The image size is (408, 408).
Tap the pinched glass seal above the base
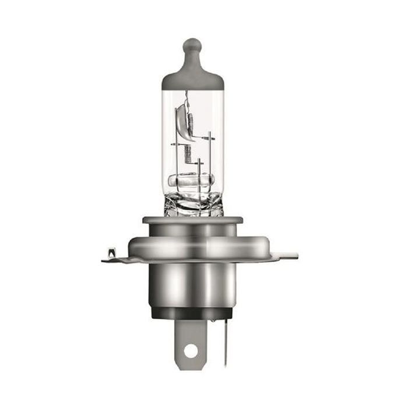coord(193,204)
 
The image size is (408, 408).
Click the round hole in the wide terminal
coord(190,351)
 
